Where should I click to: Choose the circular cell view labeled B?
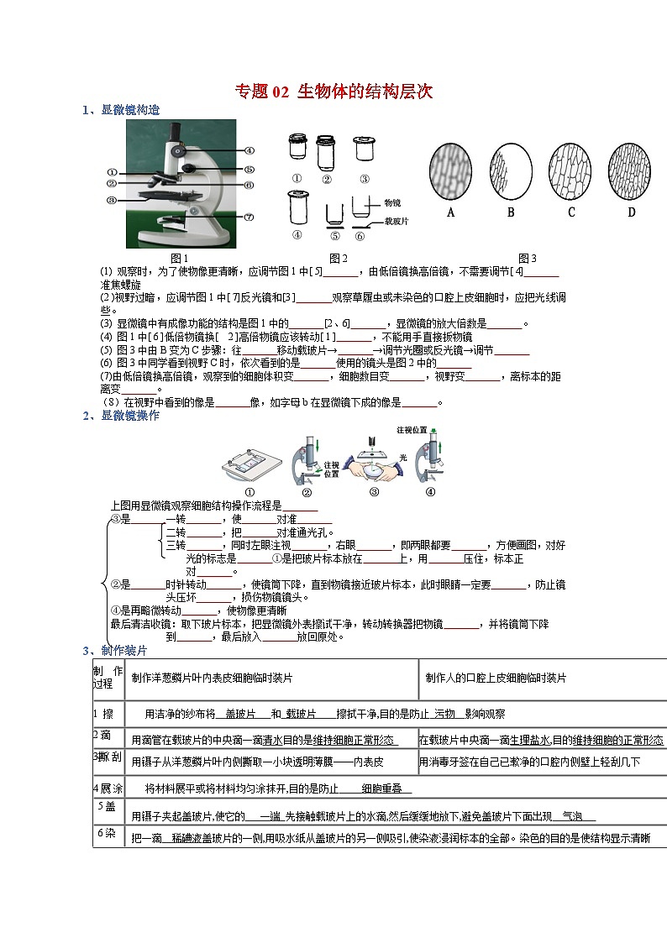pyautogui.click(x=511, y=170)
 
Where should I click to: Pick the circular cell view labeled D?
pyautogui.click(x=632, y=170)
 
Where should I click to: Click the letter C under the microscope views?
pyautogui.click(x=571, y=212)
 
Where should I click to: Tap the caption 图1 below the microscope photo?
pyautogui.click(x=179, y=258)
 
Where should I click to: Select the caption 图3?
pyautogui.click(x=528, y=258)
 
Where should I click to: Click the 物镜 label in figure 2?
pyautogui.click(x=392, y=203)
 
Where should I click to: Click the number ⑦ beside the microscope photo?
pyautogui.click(x=249, y=217)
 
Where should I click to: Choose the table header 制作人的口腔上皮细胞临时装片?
pyautogui.click(x=496, y=678)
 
